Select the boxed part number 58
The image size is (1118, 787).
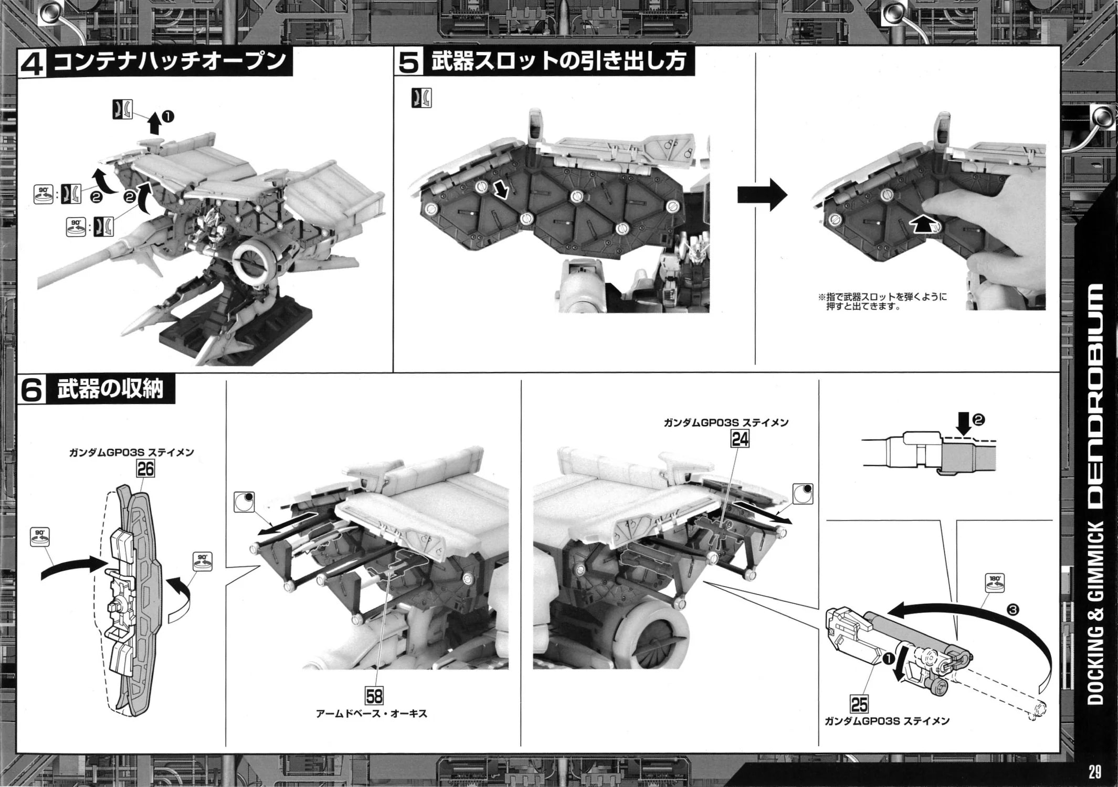pyautogui.click(x=374, y=696)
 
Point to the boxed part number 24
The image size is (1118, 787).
pyautogui.click(x=740, y=439)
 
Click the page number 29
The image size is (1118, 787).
pyautogui.click(x=1094, y=772)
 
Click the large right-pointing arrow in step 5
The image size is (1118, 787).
pyautogui.click(x=762, y=195)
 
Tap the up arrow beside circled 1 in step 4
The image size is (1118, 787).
pyautogui.click(x=154, y=123)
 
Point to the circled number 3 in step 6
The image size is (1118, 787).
pyautogui.click(x=1014, y=610)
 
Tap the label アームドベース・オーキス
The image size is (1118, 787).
pyautogui.click(x=372, y=714)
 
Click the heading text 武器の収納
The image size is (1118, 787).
pyautogui.click(x=110, y=389)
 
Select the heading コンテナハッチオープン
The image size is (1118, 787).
pyautogui.click(x=170, y=62)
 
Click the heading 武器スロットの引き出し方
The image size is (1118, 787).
pyautogui.click(x=558, y=62)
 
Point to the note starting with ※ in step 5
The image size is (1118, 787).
pyautogui.click(x=882, y=301)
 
